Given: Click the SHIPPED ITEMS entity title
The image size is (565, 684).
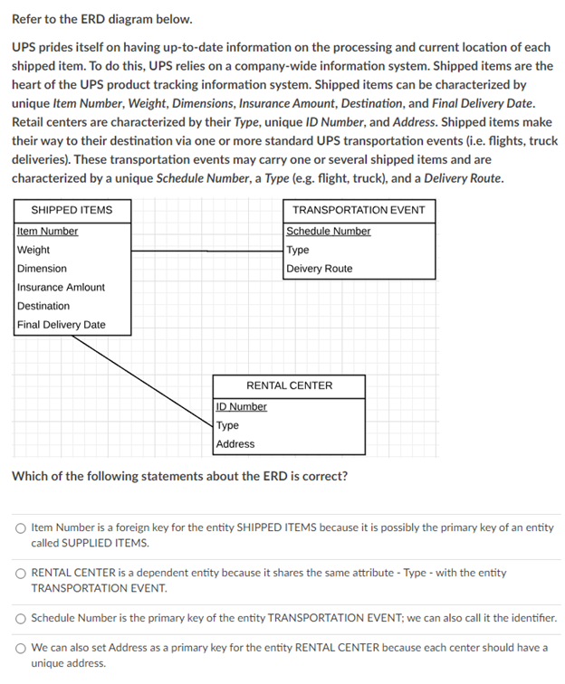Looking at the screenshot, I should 72,210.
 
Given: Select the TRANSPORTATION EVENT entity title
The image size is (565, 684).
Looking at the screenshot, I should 358,210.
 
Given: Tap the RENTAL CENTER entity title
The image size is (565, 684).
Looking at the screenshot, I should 290,385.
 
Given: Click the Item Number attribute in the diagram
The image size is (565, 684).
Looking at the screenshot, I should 47,232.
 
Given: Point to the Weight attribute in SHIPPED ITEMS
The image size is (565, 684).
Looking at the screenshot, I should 34,250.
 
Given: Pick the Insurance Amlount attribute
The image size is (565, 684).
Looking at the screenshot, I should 61,287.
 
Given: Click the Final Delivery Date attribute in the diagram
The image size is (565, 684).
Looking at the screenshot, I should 61,325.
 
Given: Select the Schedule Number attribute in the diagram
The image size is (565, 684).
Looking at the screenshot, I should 328,232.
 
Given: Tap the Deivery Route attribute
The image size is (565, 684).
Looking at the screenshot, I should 319,269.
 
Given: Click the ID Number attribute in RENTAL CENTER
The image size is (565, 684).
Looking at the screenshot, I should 242,407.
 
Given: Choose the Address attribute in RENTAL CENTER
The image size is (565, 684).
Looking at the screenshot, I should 235,444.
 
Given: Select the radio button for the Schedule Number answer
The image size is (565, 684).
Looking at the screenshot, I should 19,620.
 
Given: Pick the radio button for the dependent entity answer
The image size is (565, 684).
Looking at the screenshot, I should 19,574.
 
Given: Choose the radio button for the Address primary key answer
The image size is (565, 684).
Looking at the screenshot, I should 19,649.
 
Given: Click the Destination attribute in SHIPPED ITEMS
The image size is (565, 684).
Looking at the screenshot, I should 43,306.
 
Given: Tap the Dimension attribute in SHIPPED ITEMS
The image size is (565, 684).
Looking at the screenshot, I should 42,269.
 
